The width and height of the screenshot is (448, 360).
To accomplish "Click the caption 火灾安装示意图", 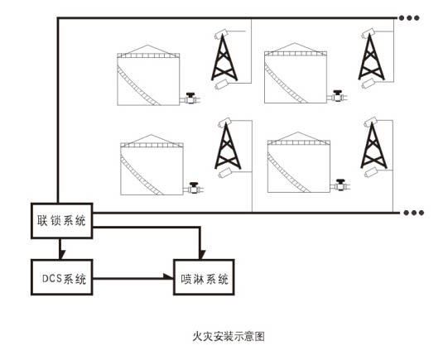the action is click(x=229, y=336).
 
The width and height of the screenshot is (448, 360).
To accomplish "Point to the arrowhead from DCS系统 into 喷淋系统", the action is click(x=169, y=276).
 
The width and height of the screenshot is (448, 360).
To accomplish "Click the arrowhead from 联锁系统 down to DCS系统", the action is click(x=62, y=255).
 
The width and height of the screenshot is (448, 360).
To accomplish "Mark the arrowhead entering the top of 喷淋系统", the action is click(x=202, y=255).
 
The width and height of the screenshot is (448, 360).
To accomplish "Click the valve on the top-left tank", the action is click(x=190, y=98).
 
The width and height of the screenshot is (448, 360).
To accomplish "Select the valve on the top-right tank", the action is click(x=338, y=96).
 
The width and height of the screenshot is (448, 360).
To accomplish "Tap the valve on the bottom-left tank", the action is click(x=194, y=188).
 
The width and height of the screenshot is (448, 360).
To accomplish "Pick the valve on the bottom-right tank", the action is click(x=340, y=185).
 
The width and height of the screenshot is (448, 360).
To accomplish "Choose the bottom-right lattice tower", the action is click(x=373, y=146).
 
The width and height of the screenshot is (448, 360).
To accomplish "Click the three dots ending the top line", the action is click(x=409, y=18).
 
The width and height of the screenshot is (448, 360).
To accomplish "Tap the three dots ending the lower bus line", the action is click(x=414, y=213).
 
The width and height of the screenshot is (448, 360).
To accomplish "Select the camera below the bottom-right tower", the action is click(x=371, y=172).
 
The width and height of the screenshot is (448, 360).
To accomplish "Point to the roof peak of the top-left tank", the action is click(x=147, y=46).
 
